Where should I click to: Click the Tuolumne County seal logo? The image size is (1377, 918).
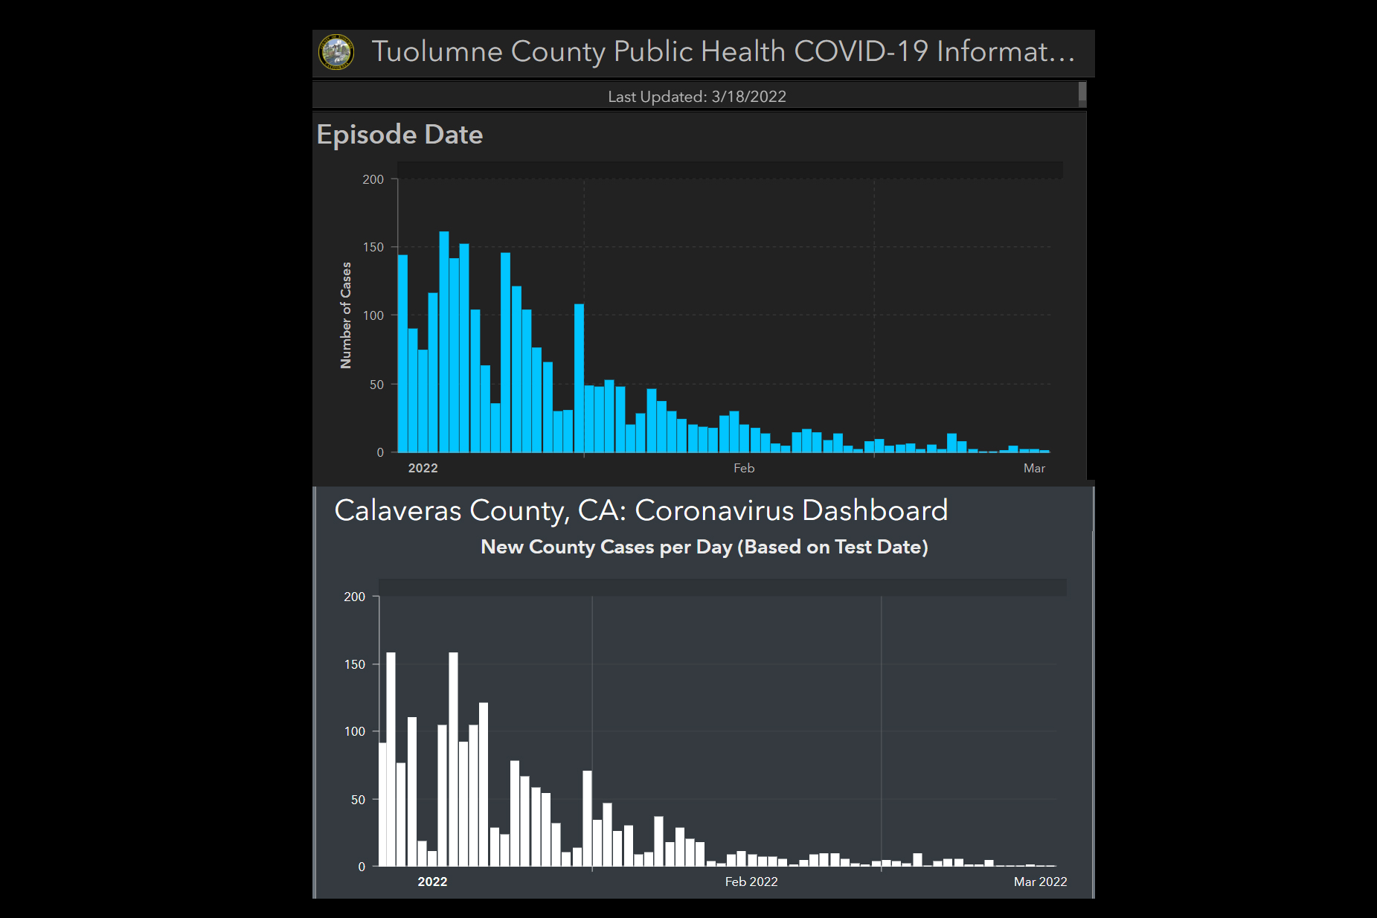(336, 52)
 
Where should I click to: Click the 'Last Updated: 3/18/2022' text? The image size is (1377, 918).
(696, 97)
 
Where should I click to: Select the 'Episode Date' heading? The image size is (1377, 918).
(399, 135)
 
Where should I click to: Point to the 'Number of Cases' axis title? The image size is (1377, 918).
(346, 315)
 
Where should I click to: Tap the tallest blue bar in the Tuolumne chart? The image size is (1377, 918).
(444, 342)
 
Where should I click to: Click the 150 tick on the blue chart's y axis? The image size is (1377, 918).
(373, 247)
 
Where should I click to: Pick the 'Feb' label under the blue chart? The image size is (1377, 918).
(743, 468)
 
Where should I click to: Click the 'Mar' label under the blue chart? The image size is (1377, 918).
(1034, 468)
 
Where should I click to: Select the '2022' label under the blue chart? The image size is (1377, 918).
(423, 468)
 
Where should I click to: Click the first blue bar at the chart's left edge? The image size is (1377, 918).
(403, 353)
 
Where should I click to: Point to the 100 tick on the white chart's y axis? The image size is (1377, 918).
(355, 731)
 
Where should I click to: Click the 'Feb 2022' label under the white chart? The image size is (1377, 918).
(751, 882)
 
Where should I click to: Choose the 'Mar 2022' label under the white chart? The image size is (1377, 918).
(1040, 882)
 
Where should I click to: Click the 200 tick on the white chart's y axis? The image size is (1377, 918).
(355, 597)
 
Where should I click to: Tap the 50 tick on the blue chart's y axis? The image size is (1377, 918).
(376, 385)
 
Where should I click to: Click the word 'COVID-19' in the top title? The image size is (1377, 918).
(861, 51)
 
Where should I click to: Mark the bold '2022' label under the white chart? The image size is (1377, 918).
(432, 882)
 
